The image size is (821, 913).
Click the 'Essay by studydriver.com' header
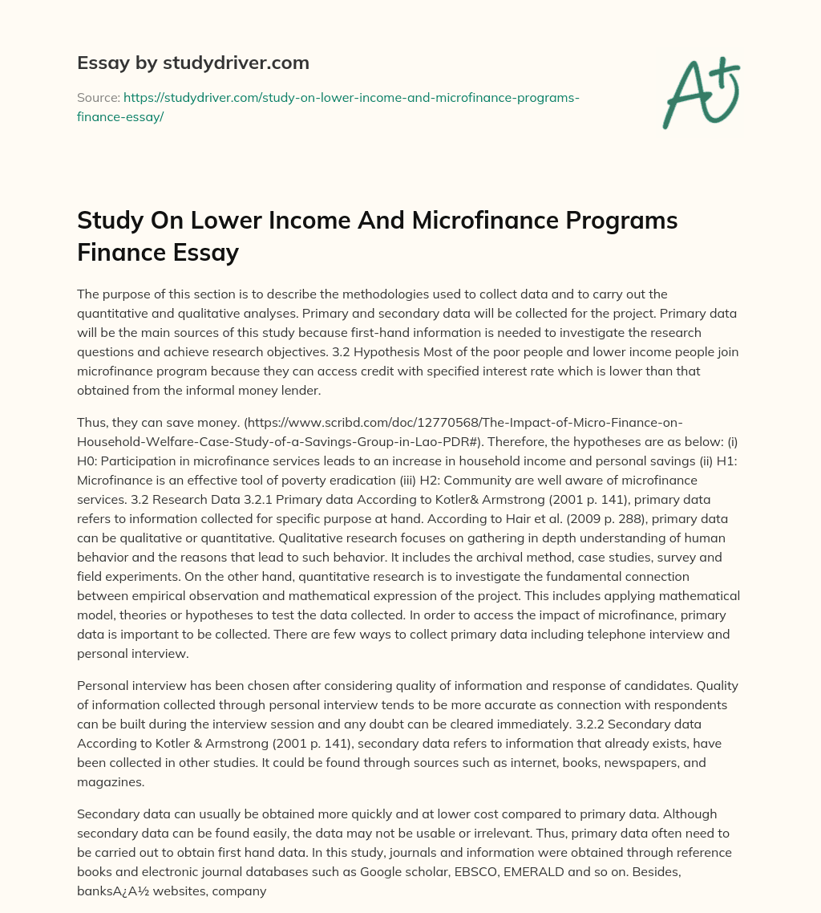coord(192,63)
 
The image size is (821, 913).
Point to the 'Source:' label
coord(98,98)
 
